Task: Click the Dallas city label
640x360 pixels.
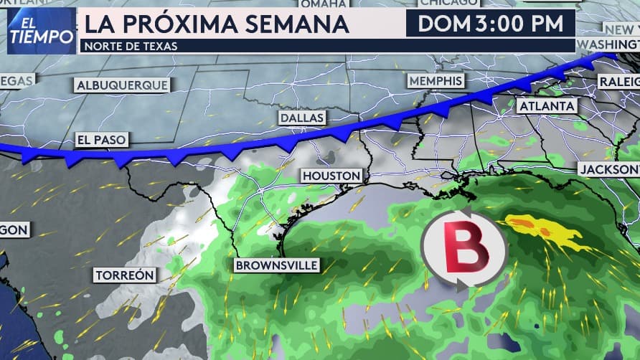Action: click(x=302, y=118)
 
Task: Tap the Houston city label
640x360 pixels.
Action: click(x=331, y=176)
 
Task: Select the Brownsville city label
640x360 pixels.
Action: click(x=276, y=265)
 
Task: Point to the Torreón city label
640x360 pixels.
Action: click(x=125, y=275)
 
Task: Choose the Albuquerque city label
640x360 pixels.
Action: click(x=122, y=85)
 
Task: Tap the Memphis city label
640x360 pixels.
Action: click(x=436, y=80)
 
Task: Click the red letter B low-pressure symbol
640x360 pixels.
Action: click(x=465, y=247)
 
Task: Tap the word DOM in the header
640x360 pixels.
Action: click(x=443, y=24)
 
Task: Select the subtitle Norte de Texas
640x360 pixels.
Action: click(x=130, y=46)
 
